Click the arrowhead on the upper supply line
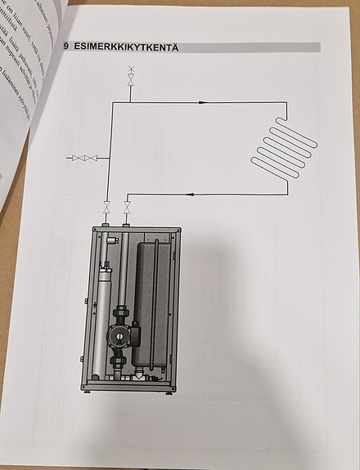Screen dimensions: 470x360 tap(201, 102)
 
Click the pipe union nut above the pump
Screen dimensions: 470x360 tap(121, 312)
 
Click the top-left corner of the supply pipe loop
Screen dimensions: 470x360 tap(110, 102)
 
